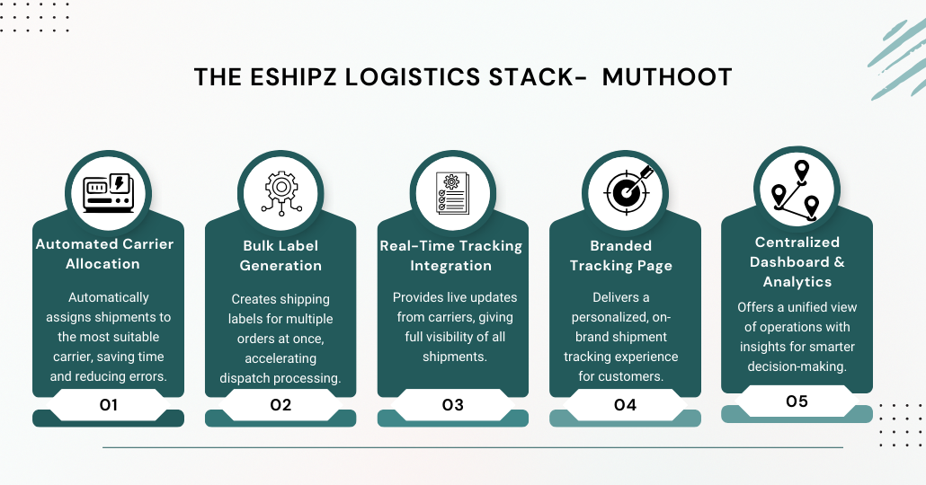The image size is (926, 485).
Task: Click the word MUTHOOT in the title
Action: (x=667, y=77)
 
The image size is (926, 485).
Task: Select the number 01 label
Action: (x=108, y=405)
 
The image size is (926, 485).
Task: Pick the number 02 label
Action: (x=280, y=405)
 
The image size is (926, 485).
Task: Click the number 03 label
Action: (x=452, y=405)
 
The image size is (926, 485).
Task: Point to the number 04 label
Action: (x=625, y=405)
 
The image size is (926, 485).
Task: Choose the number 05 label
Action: (x=797, y=401)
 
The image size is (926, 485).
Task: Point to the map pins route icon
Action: (x=797, y=190)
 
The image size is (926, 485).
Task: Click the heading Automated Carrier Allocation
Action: (x=104, y=254)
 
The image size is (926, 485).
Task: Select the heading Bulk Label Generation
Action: (x=280, y=256)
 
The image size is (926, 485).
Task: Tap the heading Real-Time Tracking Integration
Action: (x=451, y=256)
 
